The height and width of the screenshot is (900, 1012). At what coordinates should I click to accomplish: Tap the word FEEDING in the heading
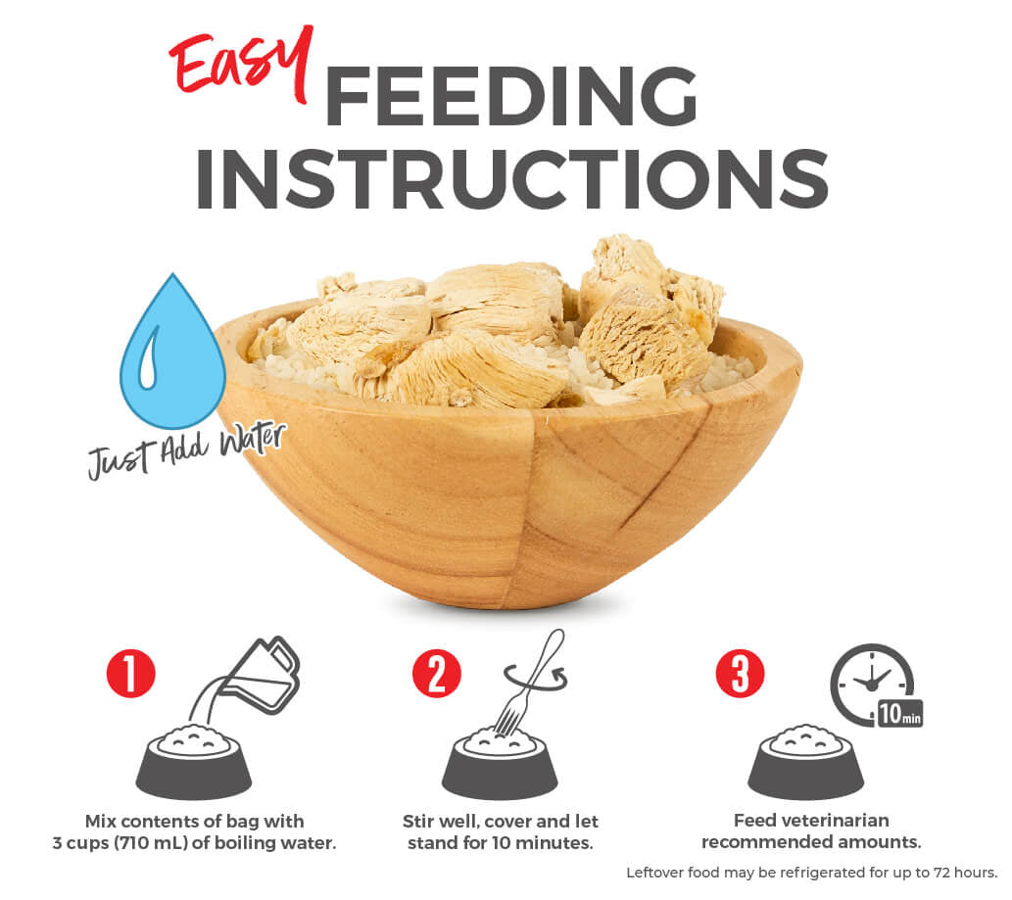click(x=510, y=95)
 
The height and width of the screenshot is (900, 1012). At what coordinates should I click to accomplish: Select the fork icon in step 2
click(x=529, y=686)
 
